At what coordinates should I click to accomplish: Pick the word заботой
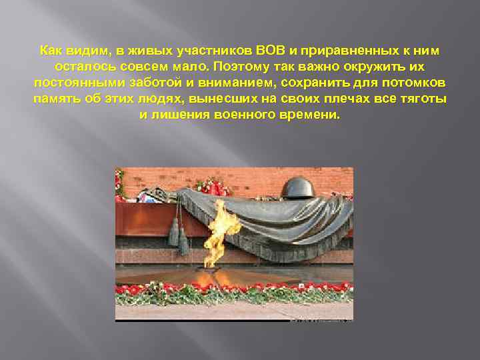[155, 83]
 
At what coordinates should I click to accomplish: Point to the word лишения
[179, 115]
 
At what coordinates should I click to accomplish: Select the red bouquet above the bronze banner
[212, 186]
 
